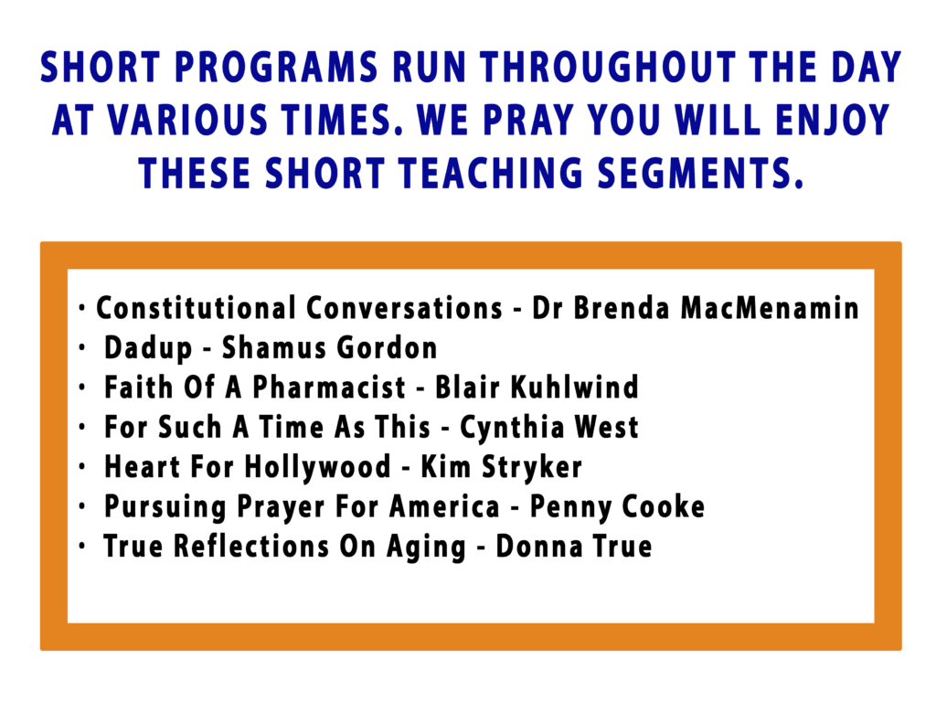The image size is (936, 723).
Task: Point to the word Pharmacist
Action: click(328, 388)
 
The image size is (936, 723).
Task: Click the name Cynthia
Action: click(512, 427)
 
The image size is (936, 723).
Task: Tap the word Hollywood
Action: click(317, 467)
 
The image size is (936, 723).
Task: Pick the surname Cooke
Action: click(664, 506)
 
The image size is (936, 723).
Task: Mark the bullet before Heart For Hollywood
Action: click(82, 467)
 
